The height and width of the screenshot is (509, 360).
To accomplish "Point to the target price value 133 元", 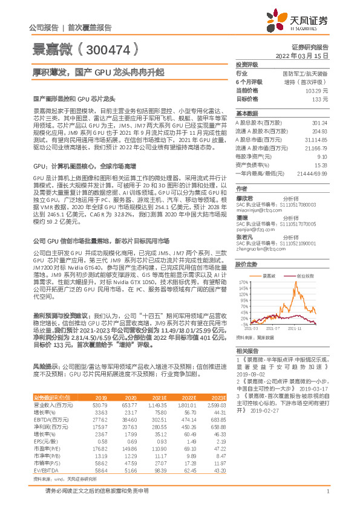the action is tap(320, 98).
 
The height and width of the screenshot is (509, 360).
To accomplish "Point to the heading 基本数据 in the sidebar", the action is tap(247, 113).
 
